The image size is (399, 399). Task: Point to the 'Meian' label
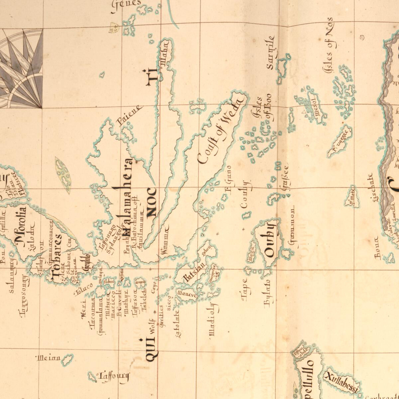click(49, 358)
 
